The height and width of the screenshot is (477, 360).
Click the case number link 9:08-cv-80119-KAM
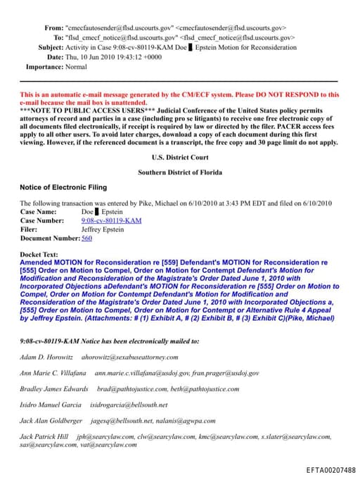(x=111, y=220)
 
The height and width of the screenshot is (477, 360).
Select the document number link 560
(x=86, y=238)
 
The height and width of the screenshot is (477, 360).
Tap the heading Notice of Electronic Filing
(x=63, y=187)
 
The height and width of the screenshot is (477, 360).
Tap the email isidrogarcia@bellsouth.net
(x=129, y=405)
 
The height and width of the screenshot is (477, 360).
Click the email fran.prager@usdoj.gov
(x=228, y=372)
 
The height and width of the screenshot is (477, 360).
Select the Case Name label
(x=39, y=211)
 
